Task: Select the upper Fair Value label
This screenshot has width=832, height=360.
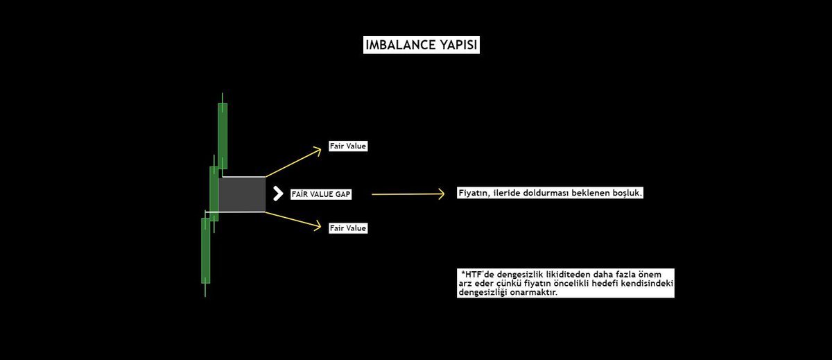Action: (x=347, y=147)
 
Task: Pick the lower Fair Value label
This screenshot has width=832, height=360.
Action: (x=347, y=228)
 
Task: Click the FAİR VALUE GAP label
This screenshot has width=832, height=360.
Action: (x=321, y=195)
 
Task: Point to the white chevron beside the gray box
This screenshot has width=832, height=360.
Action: (x=277, y=194)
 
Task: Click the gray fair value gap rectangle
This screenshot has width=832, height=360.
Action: (x=242, y=195)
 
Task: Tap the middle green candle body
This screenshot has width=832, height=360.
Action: (x=214, y=194)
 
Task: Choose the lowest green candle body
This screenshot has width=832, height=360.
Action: (x=205, y=250)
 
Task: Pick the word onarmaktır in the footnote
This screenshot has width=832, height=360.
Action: (x=533, y=293)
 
